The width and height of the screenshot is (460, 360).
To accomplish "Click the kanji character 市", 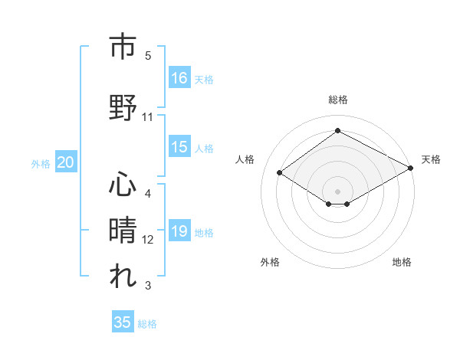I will [123, 47].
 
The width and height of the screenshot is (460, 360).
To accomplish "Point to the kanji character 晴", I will [123, 229].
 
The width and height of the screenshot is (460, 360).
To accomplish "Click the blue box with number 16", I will [179, 77].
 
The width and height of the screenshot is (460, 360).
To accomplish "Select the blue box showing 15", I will [179, 147].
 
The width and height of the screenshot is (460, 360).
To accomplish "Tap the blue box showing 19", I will [179, 231].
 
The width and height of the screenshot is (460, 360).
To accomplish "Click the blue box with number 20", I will [66, 162].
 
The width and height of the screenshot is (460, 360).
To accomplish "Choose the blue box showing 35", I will [123, 322].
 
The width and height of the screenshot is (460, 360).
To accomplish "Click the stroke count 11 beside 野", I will [148, 117].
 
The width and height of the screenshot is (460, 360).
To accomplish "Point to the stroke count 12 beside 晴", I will [148, 240].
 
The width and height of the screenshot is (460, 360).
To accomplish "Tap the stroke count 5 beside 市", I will [148, 56].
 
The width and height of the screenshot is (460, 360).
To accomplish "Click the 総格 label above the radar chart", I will [337, 100].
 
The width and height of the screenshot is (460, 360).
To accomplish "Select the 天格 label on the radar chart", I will [431, 159].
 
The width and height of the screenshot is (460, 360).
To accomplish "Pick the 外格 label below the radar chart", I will [270, 262].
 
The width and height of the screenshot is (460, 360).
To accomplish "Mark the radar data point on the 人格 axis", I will [280, 173].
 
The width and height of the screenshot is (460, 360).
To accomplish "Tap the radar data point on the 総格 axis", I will [337, 131].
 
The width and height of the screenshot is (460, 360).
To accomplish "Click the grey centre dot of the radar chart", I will [337, 190].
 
